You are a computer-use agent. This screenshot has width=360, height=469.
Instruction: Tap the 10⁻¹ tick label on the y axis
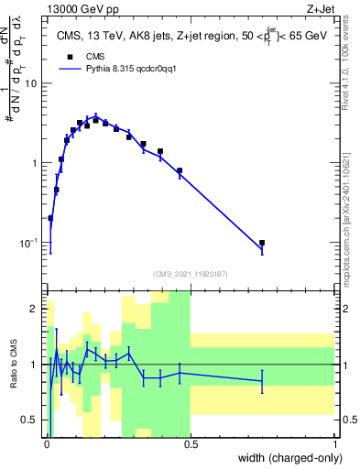click(x=31, y=243)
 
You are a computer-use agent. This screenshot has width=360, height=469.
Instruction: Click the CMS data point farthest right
click(x=262, y=244)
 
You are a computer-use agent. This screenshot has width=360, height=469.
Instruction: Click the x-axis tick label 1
click(x=334, y=444)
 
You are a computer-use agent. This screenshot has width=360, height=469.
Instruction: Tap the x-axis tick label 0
click(x=47, y=444)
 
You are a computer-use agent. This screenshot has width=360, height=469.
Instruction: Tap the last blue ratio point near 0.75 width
click(x=262, y=380)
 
